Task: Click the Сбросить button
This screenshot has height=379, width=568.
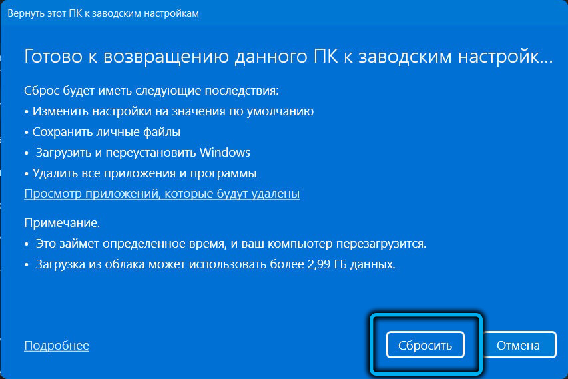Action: [x=425, y=345]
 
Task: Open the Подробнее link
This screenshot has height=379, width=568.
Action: [x=57, y=345]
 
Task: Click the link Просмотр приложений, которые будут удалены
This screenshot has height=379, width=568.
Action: [x=162, y=193]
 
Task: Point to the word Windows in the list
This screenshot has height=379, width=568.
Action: [x=224, y=152]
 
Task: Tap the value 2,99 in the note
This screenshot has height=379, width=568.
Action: [x=319, y=264]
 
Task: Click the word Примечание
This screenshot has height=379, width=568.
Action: [x=62, y=223]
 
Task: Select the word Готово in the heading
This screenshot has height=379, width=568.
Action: [x=53, y=57]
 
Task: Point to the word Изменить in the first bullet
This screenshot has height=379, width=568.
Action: [x=61, y=111]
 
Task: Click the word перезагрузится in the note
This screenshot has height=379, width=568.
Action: [x=381, y=244]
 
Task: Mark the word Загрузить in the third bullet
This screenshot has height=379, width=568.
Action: [x=64, y=153]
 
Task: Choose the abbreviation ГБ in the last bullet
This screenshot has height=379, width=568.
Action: [x=340, y=264]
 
